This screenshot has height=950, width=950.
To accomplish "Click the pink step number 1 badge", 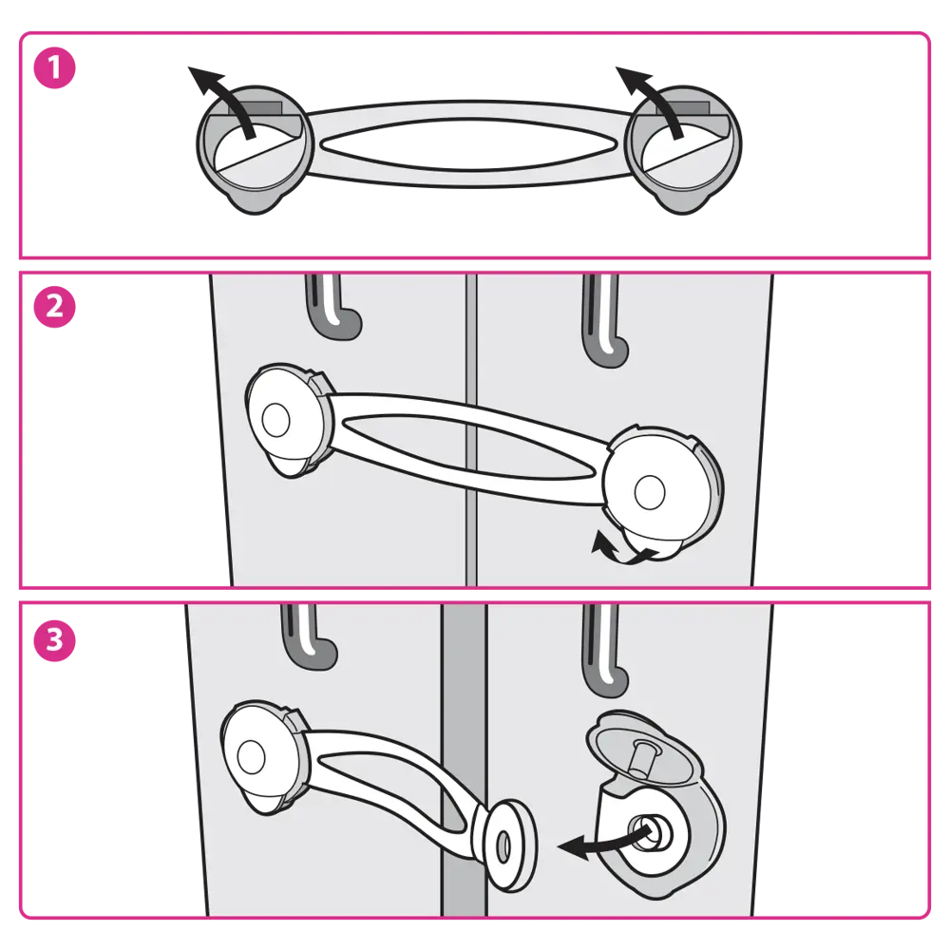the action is [54, 67].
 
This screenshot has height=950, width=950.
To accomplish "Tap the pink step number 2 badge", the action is [54, 307].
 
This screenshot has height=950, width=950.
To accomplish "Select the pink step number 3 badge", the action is [54, 639].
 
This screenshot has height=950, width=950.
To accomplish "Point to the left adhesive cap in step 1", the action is [255, 149].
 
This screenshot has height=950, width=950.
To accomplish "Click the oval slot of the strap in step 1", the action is [469, 144].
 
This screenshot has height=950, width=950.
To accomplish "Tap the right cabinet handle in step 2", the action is [603, 321].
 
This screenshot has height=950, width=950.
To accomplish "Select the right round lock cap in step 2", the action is [663, 491].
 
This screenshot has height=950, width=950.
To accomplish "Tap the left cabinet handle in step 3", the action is [308, 636].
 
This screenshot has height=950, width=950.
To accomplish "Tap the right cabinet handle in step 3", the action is [603, 652].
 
